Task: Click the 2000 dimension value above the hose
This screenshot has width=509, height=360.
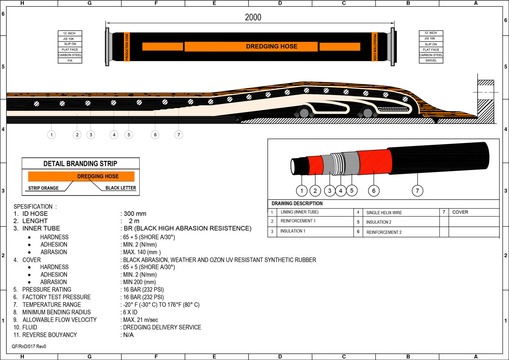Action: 253,17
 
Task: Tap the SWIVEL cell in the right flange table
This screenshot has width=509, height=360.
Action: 431,61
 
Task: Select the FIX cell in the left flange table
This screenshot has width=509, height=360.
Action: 70,61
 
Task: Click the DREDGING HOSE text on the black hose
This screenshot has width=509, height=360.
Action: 271,46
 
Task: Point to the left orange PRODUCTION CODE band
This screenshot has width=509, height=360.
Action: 126,46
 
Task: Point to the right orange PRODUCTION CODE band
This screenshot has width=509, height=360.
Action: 375,46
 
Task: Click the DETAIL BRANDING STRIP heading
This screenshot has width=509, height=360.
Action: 80,163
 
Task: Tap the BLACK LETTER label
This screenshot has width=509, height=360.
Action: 118,188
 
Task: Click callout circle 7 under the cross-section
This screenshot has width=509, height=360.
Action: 179,135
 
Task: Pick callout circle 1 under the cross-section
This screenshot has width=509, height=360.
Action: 51,135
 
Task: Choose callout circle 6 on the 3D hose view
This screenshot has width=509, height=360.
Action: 373,191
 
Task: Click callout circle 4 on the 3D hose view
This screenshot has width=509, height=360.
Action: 341,191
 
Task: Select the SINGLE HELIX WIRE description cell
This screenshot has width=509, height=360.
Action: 384,212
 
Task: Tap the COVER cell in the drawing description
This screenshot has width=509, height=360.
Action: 460,212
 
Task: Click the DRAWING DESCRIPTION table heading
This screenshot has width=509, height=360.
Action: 297,203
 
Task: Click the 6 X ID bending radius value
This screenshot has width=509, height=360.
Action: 132,312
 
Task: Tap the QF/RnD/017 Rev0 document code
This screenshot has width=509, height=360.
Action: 29,346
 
